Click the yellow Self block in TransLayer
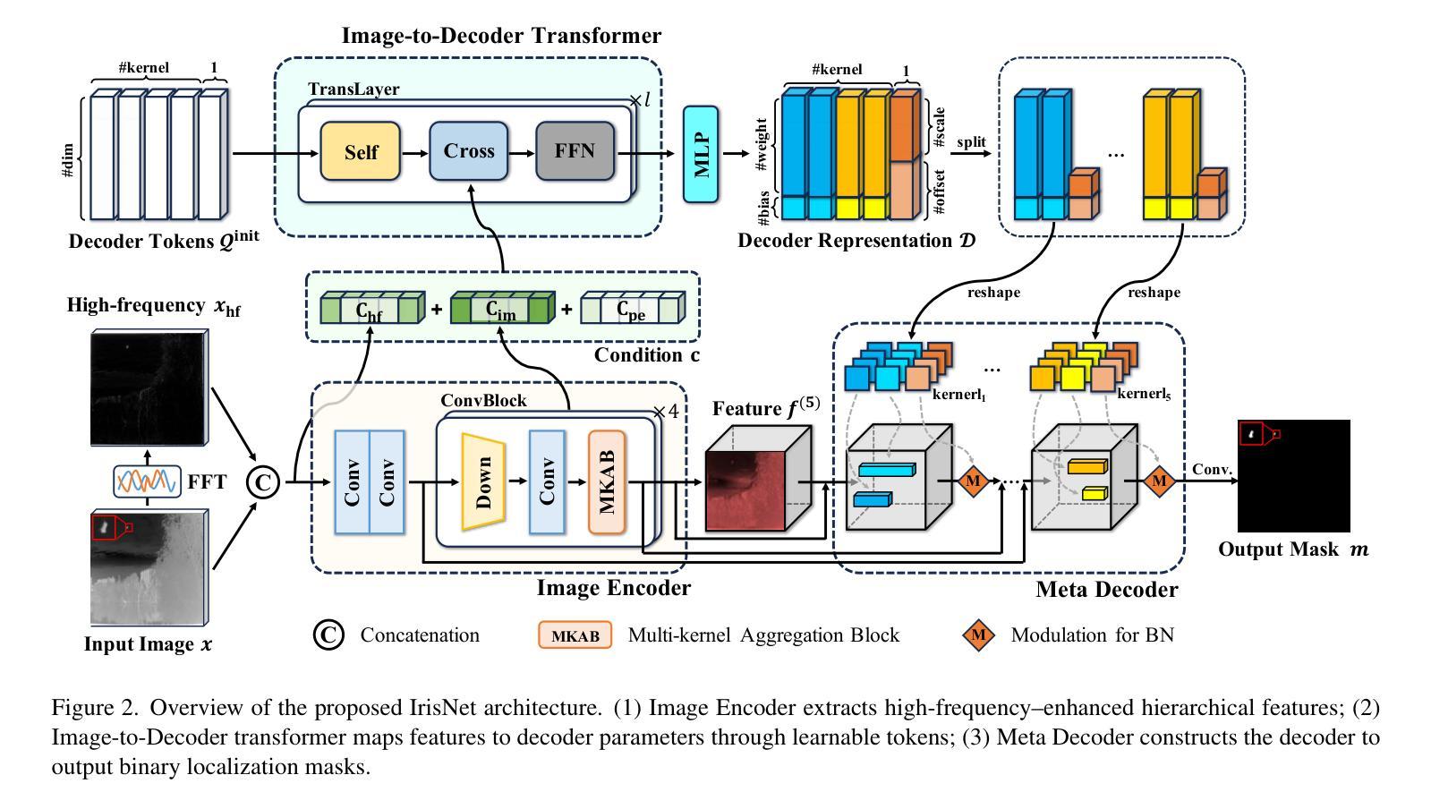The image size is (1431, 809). pyautogui.click(x=361, y=151)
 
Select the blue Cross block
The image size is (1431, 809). pyautogui.click(x=468, y=151)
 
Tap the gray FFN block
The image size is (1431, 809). pyautogui.click(x=575, y=150)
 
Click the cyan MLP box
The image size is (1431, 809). pyautogui.click(x=701, y=153)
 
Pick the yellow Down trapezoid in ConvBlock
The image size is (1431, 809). pyautogui.click(x=484, y=482)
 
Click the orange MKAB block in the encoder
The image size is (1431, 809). pyautogui.click(x=607, y=481)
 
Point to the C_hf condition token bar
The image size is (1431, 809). pyautogui.click(x=371, y=309)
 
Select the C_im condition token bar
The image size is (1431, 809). pyautogui.click(x=501, y=309)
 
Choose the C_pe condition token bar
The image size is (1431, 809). pyautogui.click(x=632, y=309)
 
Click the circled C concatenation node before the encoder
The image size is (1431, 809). pyautogui.click(x=263, y=483)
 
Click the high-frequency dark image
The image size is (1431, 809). pyautogui.click(x=149, y=387)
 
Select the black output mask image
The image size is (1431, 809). pyautogui.click(x=1293, y=475)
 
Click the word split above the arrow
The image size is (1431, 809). pyautogui.click(x=971, y=141)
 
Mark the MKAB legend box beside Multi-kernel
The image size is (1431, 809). pyautogui.click(x=575, y=635)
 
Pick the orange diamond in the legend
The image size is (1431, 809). pyautogui.click(x=979, y=634)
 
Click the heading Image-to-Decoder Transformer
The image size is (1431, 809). pyautogui.click(x=501, y=36)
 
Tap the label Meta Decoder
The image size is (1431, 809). pyautogui.click(x=1106, y=590)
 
